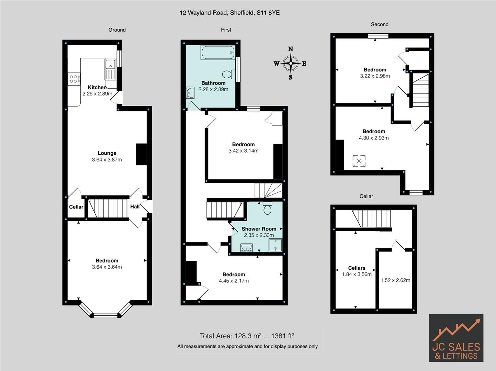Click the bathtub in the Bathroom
[x=218, y=53]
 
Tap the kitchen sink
[x=111, y=64]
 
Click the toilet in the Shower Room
[x=267, y=209]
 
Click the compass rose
[x=291, y=64]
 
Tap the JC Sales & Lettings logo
[x=456, y=338]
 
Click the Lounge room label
[x=107, y=153]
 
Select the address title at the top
[x=229, y=13]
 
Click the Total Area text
[x=247, y=336]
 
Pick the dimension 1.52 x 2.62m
[x=395, y=280]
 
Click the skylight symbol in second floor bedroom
[x=359, y=161]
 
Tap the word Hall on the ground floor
[x=135, y=206]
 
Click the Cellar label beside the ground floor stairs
[x=76, y=207]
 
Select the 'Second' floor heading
[x=380, y=24]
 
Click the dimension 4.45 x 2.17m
[x=234, y=281]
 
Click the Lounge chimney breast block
[x=141, y=154]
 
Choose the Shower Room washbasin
[x=246, y=247]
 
